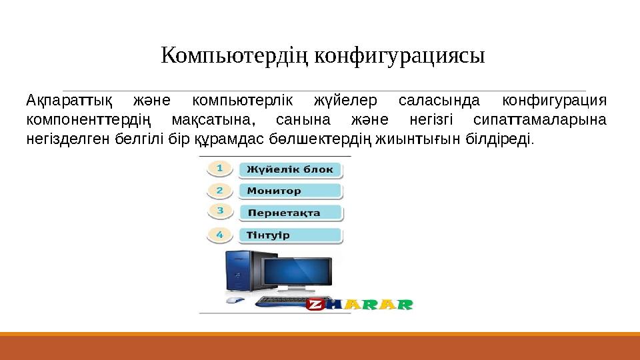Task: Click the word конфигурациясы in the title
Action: pyautogui.click(x=399, y=55)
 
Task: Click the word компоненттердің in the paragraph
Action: pyautogui.click(x=89, y=121)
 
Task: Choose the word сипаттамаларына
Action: pyautogui.click(x=539, y=121)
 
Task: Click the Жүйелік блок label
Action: pyautogui.click(x=290, y=169)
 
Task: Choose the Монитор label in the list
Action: pyautogui.click(x=290, y=191)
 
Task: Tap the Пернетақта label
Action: pyautogui.click(x=290, y=213)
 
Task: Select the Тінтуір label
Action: pyautogui.click(x=290, y=235)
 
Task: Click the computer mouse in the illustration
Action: pyautogui.click(x=233, y=301)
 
